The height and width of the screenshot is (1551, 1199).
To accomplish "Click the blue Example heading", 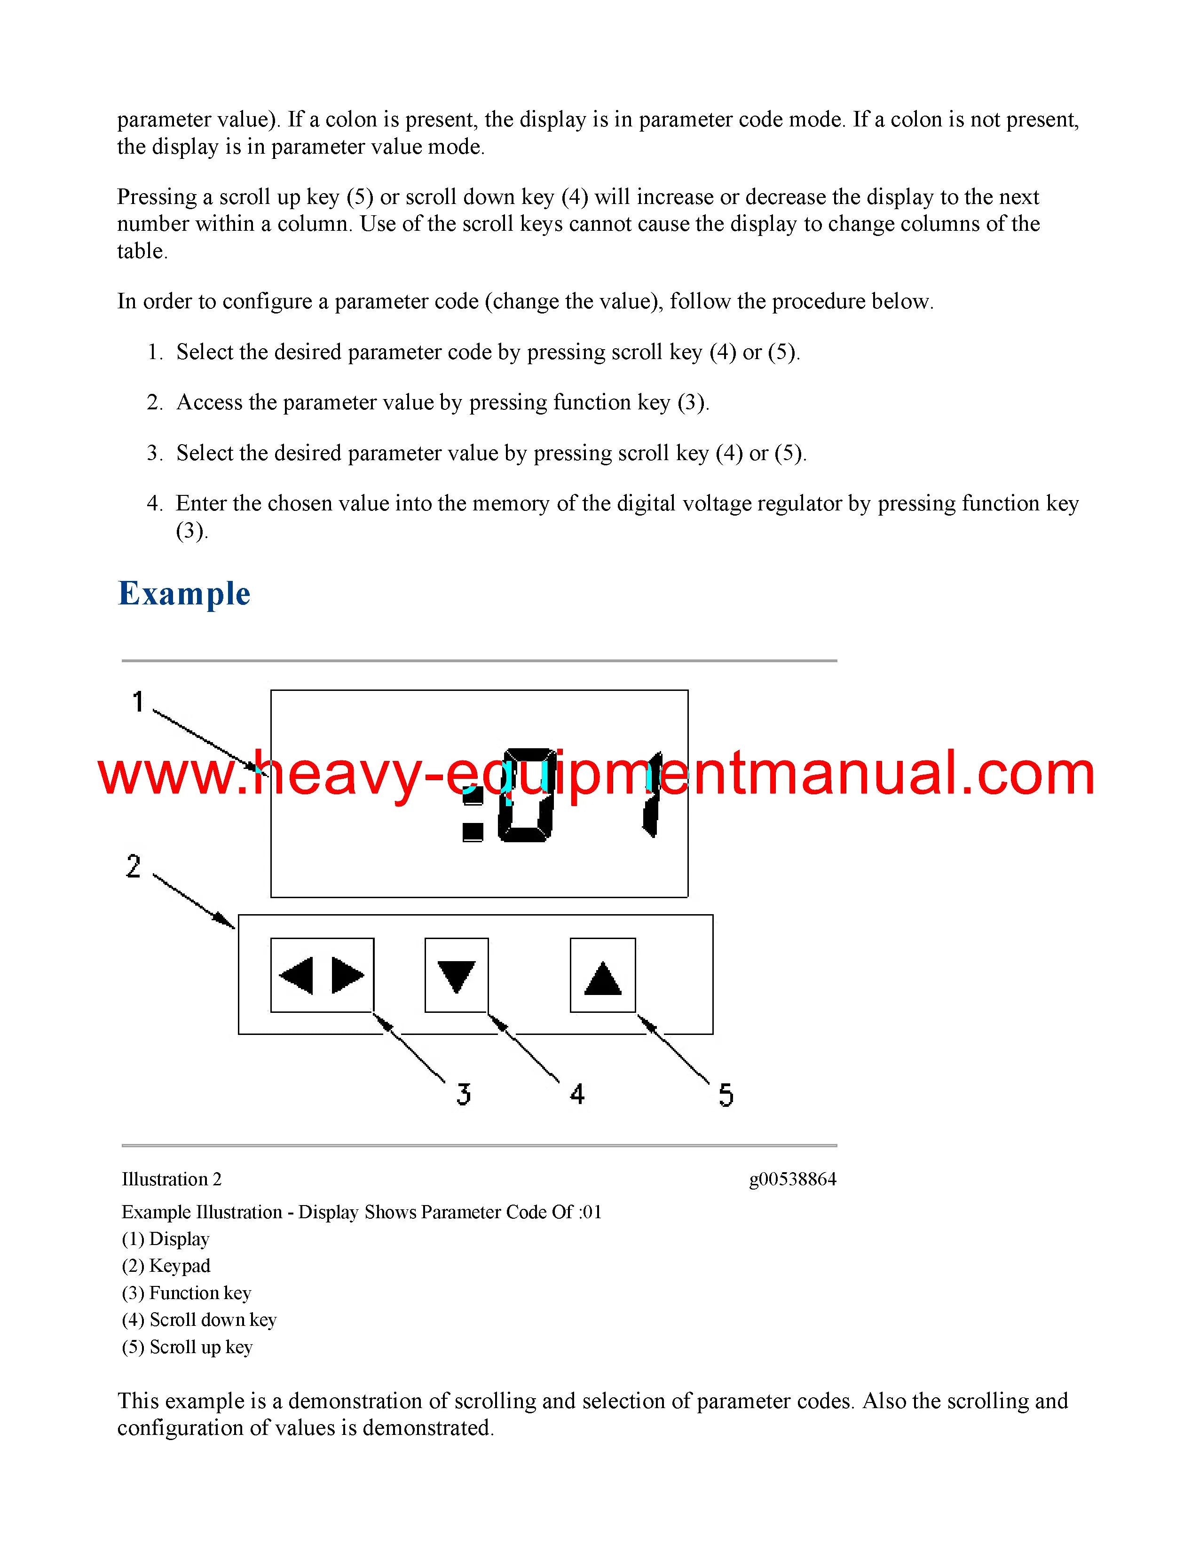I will point(184,594).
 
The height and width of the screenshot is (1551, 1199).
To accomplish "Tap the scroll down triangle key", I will point(457,976).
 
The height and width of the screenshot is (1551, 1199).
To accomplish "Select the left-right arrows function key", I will point(322,975).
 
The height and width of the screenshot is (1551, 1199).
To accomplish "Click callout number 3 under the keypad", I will point(464,1094).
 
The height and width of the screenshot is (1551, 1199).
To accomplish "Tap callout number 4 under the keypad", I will point(577,1094).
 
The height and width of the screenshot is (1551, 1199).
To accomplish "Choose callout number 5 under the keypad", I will point(725,1095).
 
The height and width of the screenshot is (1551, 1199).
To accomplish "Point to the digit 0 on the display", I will point(526,795).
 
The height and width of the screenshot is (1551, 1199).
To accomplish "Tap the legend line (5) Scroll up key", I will point(188,1347).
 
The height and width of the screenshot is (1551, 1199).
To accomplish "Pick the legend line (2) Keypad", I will point(166,1266).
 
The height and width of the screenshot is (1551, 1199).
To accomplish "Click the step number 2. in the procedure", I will point(155,403).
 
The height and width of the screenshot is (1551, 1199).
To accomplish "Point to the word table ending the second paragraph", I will point(142,251).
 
